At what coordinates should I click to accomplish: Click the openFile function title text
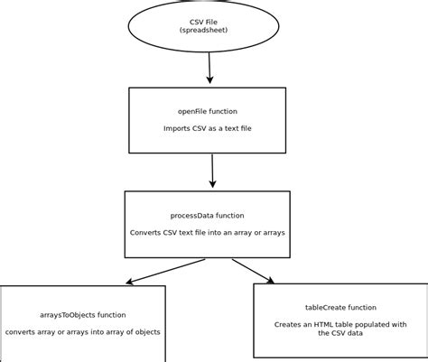click(207, 111)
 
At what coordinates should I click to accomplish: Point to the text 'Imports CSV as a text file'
click(207, 128)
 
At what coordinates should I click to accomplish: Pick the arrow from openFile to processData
click(212, 169)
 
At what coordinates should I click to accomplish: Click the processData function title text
click(207, 216)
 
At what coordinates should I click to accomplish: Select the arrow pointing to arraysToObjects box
click(167, 270)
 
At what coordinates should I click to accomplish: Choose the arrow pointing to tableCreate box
click(253, 270)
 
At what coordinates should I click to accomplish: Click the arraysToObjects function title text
click(83, 315)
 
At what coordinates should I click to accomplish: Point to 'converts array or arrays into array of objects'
click(83, 332)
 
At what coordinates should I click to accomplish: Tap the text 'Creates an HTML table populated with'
click(340, 324)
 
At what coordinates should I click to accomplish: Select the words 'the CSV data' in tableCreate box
click(340, 333)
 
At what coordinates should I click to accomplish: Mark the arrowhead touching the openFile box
click(210, 82)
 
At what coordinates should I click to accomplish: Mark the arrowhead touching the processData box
click(213, 185)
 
